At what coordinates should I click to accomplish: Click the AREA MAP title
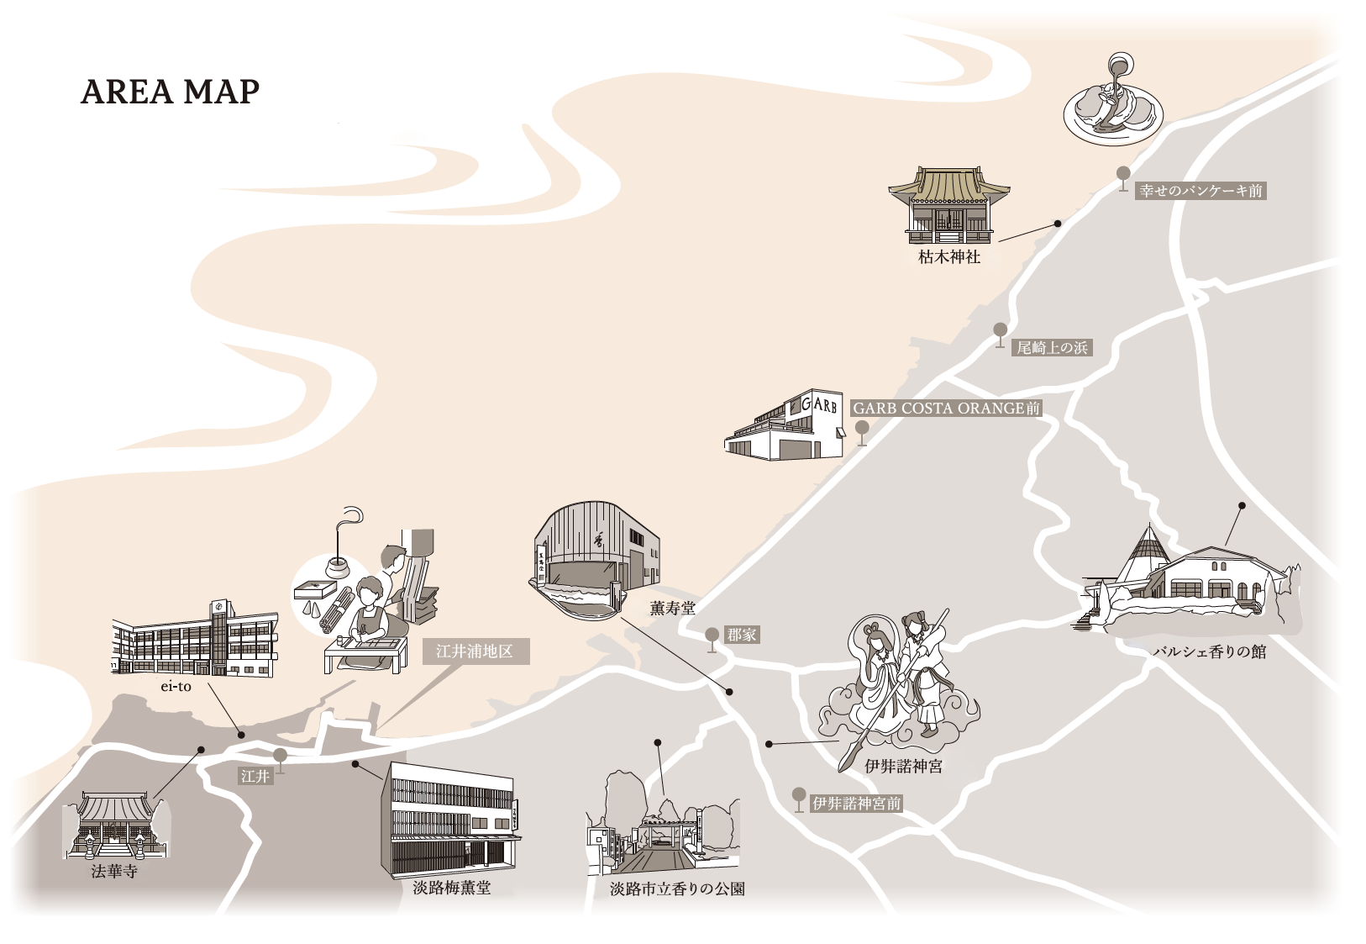coord(170,92)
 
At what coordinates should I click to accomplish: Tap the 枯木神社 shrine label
coord(948,257)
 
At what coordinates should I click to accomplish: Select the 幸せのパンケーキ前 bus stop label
coord(1200,191)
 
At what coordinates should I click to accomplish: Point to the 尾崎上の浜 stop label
coord(1052,347)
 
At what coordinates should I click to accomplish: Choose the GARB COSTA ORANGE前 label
coord(946,409)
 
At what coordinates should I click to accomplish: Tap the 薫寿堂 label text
coord(672,608)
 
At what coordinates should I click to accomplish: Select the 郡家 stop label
coord(742,635)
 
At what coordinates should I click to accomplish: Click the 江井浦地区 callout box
coord(475,651)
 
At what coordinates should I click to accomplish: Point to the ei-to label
coord(176,687)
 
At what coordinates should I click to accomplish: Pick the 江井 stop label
coord(255,776)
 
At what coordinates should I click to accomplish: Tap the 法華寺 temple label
coord(114,871)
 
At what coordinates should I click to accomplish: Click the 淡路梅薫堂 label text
coord(452,888)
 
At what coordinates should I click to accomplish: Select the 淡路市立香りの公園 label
coord(677,889)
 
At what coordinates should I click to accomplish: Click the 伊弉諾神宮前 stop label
coord(856,804)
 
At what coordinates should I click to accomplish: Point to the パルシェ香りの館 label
coord(1209,651)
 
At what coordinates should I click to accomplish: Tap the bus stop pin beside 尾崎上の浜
coord(1000,333)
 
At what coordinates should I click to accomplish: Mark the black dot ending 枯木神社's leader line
coord(1058,224)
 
